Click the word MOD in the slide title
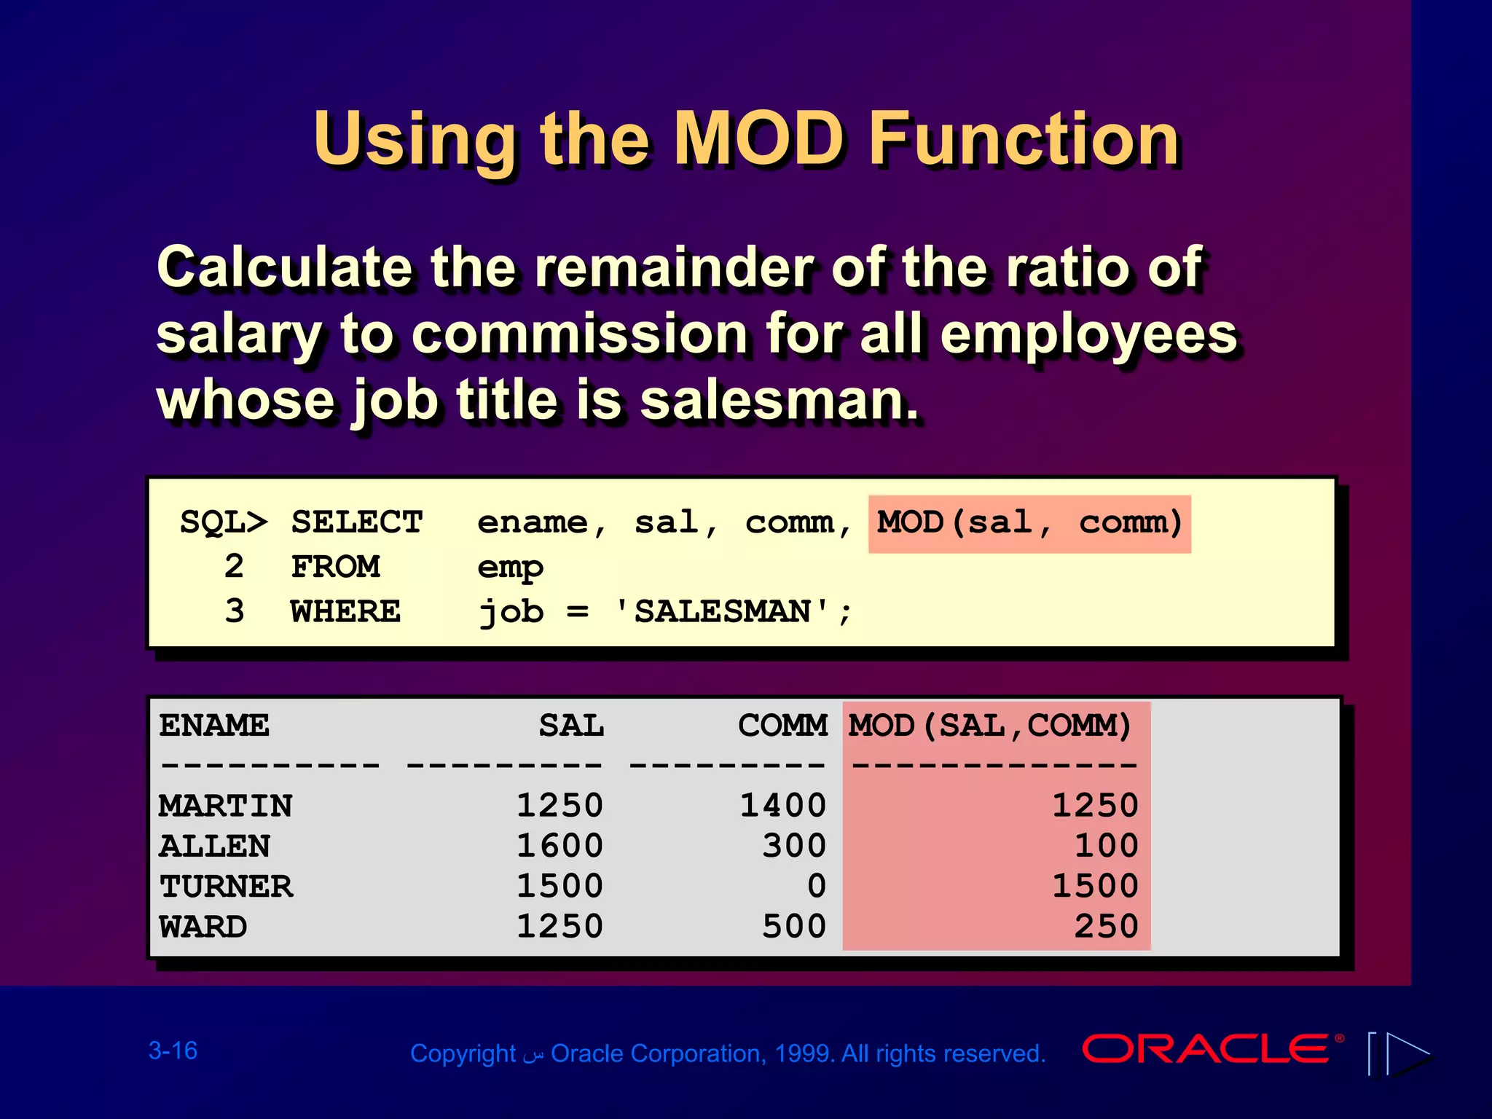[758, 139]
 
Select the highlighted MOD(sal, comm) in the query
[1029, 523]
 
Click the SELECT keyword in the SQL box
[357, 523]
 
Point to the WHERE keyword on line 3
[345, 612]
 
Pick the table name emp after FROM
[510, 568]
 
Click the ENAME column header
[214, 726]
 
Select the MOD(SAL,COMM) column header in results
[990, 726]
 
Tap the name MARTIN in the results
[226, 806]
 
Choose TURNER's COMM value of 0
[817, 887]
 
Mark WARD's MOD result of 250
[1106, 927]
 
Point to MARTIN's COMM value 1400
[783, 806]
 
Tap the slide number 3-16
[173, 1051]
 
